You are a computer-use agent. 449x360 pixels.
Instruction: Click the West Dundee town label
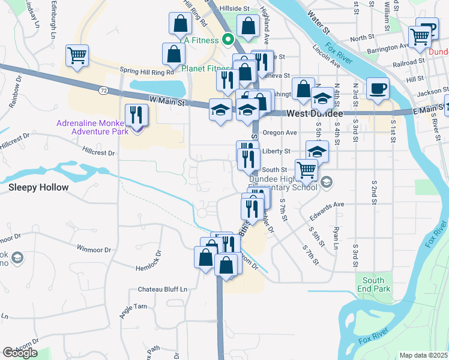coord(315,113)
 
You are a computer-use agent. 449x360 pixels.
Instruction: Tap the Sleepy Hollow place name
coord(38,187)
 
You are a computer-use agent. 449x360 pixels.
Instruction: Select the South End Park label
coord(373,284)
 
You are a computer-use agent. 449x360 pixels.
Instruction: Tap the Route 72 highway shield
coord(104,89)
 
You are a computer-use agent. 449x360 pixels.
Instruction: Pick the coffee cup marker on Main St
coord(378,89)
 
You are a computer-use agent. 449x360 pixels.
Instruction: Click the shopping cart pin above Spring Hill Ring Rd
coord(77,56)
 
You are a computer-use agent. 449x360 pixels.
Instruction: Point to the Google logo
coord(20,353)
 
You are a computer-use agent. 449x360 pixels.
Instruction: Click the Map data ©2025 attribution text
coord(424,355)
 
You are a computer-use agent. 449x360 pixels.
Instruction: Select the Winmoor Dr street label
coord(94,248)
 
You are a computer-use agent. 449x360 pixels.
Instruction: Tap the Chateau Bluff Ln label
coord(163,289)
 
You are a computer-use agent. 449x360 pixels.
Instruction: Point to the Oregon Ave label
coord(280,133)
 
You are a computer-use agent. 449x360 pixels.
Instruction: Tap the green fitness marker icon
coord(228,40)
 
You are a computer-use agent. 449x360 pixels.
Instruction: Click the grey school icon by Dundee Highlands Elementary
coord(327,182)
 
